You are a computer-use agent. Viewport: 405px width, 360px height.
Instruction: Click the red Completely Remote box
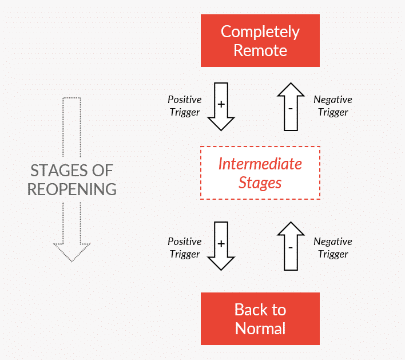tap(260, 41)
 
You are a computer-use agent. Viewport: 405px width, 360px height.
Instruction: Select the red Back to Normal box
tap(260, 319)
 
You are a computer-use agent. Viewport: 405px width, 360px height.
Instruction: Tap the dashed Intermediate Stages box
tap(260, 173)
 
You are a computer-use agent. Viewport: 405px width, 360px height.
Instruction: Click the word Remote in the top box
tap(260, 50)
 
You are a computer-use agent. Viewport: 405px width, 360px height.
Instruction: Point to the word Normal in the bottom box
tap(260, 329)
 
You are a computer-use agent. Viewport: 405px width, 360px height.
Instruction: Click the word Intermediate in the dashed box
tap(260, 164)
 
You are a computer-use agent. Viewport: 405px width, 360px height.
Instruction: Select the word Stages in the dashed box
tap(260, 183)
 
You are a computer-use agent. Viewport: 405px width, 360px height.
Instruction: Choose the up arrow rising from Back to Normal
tap(291, 246)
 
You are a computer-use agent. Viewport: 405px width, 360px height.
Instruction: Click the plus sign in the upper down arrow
tap(221, 104)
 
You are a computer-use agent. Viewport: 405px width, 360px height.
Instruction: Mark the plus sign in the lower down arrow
tap(221, 243)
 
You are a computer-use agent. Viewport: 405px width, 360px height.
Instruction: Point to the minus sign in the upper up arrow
tap(291, 109)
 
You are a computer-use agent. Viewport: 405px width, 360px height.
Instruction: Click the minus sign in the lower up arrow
tap(291, 248)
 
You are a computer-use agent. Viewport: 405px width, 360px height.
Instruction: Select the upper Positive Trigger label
tap(184, 106)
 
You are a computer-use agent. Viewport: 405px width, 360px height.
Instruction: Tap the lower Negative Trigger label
tap(333, 248)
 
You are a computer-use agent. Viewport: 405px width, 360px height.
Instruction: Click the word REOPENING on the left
tap(72, 189)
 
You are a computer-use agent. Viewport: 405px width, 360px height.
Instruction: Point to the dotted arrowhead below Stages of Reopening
tap(72, 251)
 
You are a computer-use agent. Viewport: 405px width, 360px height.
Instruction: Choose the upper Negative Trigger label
tap(333, 106)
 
